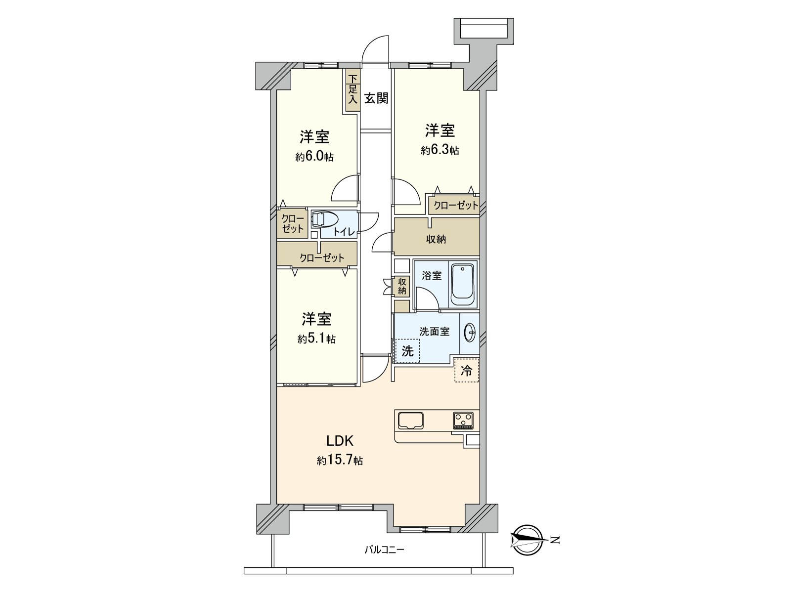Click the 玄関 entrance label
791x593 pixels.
coord(376,98)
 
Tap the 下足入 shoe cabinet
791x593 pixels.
coord(352,89)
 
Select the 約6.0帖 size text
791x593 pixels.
coord(314,157)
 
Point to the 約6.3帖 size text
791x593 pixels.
coord(439,150)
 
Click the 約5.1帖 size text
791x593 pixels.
coord(316,339)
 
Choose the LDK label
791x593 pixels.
coord(339,440)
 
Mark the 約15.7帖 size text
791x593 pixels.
coord(340,461)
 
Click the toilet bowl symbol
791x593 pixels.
coord(323,219)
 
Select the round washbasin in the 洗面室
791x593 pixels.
coord(470,333)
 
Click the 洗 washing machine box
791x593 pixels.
coord(407,351)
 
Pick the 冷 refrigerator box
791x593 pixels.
coord(466,371)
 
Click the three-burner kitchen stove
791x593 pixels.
coord(463,421)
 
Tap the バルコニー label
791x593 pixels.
coord(384,549)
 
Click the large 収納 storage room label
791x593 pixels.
coord(436,239)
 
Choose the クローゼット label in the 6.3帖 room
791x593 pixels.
coord(456,205)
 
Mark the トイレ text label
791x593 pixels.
coord(343,232)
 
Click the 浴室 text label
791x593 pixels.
coord(432,275)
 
